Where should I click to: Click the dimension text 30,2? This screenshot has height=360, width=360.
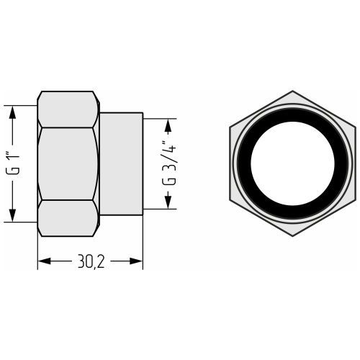tap(91, 261)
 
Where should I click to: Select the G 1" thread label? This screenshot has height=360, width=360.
tap(13, 163)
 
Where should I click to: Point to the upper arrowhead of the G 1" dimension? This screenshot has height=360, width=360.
tap(12, 112)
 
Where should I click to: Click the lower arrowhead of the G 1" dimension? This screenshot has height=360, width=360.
tap(12, 215)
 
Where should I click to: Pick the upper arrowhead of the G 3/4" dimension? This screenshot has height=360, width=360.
tap(168, 125)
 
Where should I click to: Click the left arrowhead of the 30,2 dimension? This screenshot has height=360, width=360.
tap(45, 261)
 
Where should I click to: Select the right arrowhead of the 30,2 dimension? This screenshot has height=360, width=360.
tap(136, 261)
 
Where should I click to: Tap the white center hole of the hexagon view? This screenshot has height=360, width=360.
tap(292, 163)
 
